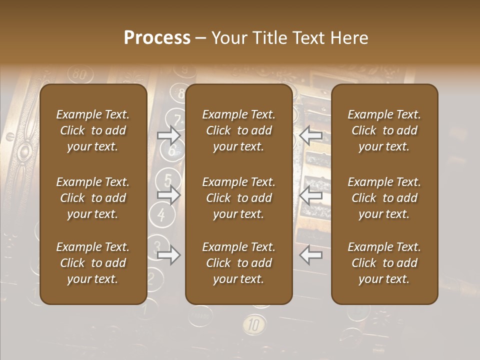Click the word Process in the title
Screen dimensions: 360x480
pyautogui.click(x=157, y=38)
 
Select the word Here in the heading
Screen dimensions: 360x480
pyautogui.click(x=349, y=38)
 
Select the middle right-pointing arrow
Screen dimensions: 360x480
pyautogui.click(x=169, y=195)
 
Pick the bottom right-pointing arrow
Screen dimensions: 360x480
pyautogui.click(x=169, y=255)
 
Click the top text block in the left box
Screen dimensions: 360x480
pyautogui.click(x=93, y=130)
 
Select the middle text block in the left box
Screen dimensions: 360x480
pyautogui.click(x=93, y=198)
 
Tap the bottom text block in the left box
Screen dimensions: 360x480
pyautogui.click(x=93, y=263)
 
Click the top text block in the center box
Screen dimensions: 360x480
pyautogui.click(x=238, y=130)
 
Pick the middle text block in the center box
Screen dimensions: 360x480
pyautogui.click(x=238, y=198)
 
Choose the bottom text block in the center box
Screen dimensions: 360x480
pyautogui.click(x=238, y=263)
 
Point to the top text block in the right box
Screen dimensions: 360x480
pyautogui.click(x=384, y=130)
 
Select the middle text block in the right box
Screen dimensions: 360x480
pyautogui.click(x=384, y=198)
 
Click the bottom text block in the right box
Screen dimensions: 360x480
pyautogui.click(x=384, y=263)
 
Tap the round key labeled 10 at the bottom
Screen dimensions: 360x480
pyautogui.click(x=254, y=325)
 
